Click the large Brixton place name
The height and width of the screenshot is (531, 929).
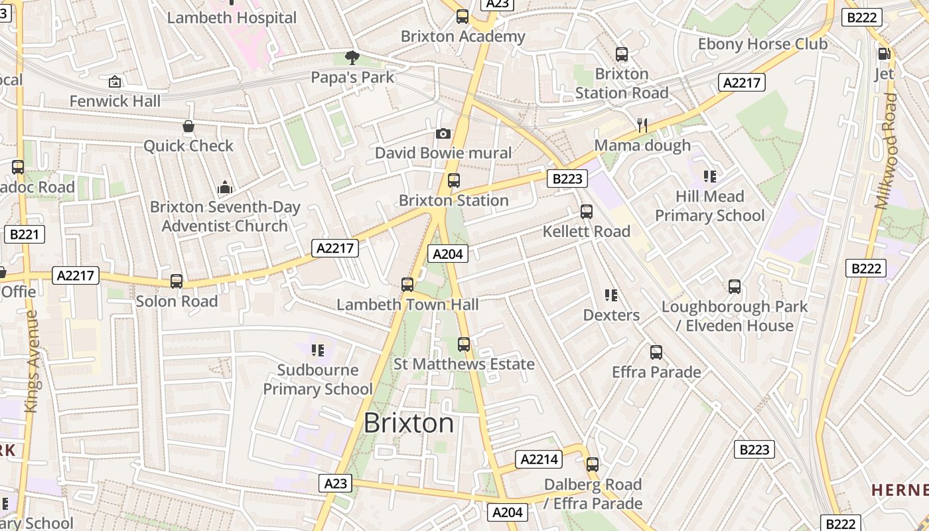pos(409,423)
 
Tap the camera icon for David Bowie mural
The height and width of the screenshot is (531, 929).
pos(443,134)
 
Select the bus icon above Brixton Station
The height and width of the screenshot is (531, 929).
pos(454,181)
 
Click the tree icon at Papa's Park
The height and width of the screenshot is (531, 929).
pos(352,58)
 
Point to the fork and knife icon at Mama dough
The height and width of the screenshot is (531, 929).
pos(642,125)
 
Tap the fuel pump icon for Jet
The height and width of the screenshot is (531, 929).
pos(884,54)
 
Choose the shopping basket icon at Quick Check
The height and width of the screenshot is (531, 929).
pos(188,126)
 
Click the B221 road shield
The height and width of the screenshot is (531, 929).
pos(25,234)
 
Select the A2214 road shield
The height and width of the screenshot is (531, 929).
pos(539,459)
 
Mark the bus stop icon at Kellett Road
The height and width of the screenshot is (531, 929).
pos(587,212)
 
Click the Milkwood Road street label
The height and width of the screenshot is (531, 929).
pos(886,151)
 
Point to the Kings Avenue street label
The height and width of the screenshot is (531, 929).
pos(31,362)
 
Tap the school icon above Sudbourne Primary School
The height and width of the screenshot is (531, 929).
pos(318,350)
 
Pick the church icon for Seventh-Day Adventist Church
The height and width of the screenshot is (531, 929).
pos(225,187)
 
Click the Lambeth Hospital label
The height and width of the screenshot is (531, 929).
pos(232,18)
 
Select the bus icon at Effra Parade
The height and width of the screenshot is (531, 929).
pos(656,352)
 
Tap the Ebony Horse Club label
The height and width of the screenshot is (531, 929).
pos(762,44)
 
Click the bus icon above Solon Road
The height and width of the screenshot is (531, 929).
pos(177,281)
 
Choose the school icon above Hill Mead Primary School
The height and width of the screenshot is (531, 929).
pos(710,177)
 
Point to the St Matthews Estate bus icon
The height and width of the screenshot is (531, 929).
pos(464,344)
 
